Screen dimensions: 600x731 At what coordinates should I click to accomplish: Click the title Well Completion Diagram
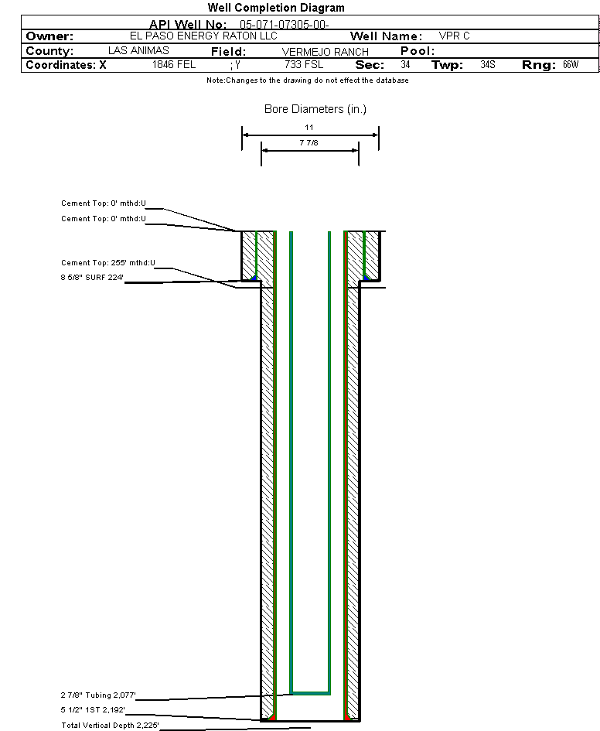point(276,8)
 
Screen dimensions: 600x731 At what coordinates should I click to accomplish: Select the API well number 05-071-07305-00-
point(285,25)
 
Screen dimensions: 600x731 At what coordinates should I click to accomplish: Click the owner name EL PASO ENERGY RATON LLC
point(203,36)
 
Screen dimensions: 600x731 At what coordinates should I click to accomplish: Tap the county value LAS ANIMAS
point(138,50)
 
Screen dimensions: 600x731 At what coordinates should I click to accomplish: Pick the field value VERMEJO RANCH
point(326,52)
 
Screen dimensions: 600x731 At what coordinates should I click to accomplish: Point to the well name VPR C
point(454,36)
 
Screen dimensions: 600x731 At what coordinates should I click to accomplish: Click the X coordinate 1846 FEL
point(174,64)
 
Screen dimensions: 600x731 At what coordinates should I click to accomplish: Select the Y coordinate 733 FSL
point(304,64)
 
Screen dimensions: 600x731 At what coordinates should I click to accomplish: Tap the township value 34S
point(488,64)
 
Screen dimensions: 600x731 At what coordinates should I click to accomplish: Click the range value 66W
point(571,64)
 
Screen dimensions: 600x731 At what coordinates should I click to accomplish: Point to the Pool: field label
point(418,51)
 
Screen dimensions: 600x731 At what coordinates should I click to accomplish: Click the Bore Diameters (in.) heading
point(315,109)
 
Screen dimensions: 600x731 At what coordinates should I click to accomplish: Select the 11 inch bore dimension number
point(309,128)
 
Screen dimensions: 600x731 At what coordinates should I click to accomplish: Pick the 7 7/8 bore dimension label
point(309,142)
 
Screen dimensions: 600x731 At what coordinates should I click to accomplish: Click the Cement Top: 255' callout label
point(108,263)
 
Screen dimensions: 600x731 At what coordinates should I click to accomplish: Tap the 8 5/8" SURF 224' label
point(92,278)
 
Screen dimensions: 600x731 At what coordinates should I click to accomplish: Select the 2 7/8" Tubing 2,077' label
point(98,695)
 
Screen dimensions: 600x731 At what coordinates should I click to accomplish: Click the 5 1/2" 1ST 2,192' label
point(93,710)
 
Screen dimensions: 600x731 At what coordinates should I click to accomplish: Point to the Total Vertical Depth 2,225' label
point(110,726)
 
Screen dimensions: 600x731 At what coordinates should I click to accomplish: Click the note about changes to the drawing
point(308,80)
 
